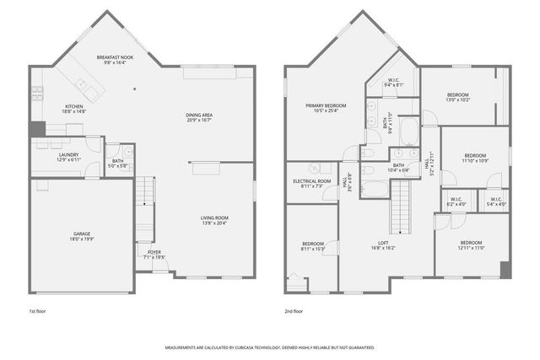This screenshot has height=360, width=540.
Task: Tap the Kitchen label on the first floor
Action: (x=74, y=107)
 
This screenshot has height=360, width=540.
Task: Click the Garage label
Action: (x=82, y=235)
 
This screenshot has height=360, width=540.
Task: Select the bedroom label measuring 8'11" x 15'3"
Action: (x=311, y=245)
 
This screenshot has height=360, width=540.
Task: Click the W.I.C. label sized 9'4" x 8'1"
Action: (x=394, y=83)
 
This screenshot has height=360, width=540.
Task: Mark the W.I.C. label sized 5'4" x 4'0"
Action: (x=496, y=201)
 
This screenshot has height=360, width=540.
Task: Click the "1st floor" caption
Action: (x=39, y=311)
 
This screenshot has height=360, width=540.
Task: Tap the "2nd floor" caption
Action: (x=294, y=311)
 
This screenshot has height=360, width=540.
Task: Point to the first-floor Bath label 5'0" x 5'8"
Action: (x=118, y=162)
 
